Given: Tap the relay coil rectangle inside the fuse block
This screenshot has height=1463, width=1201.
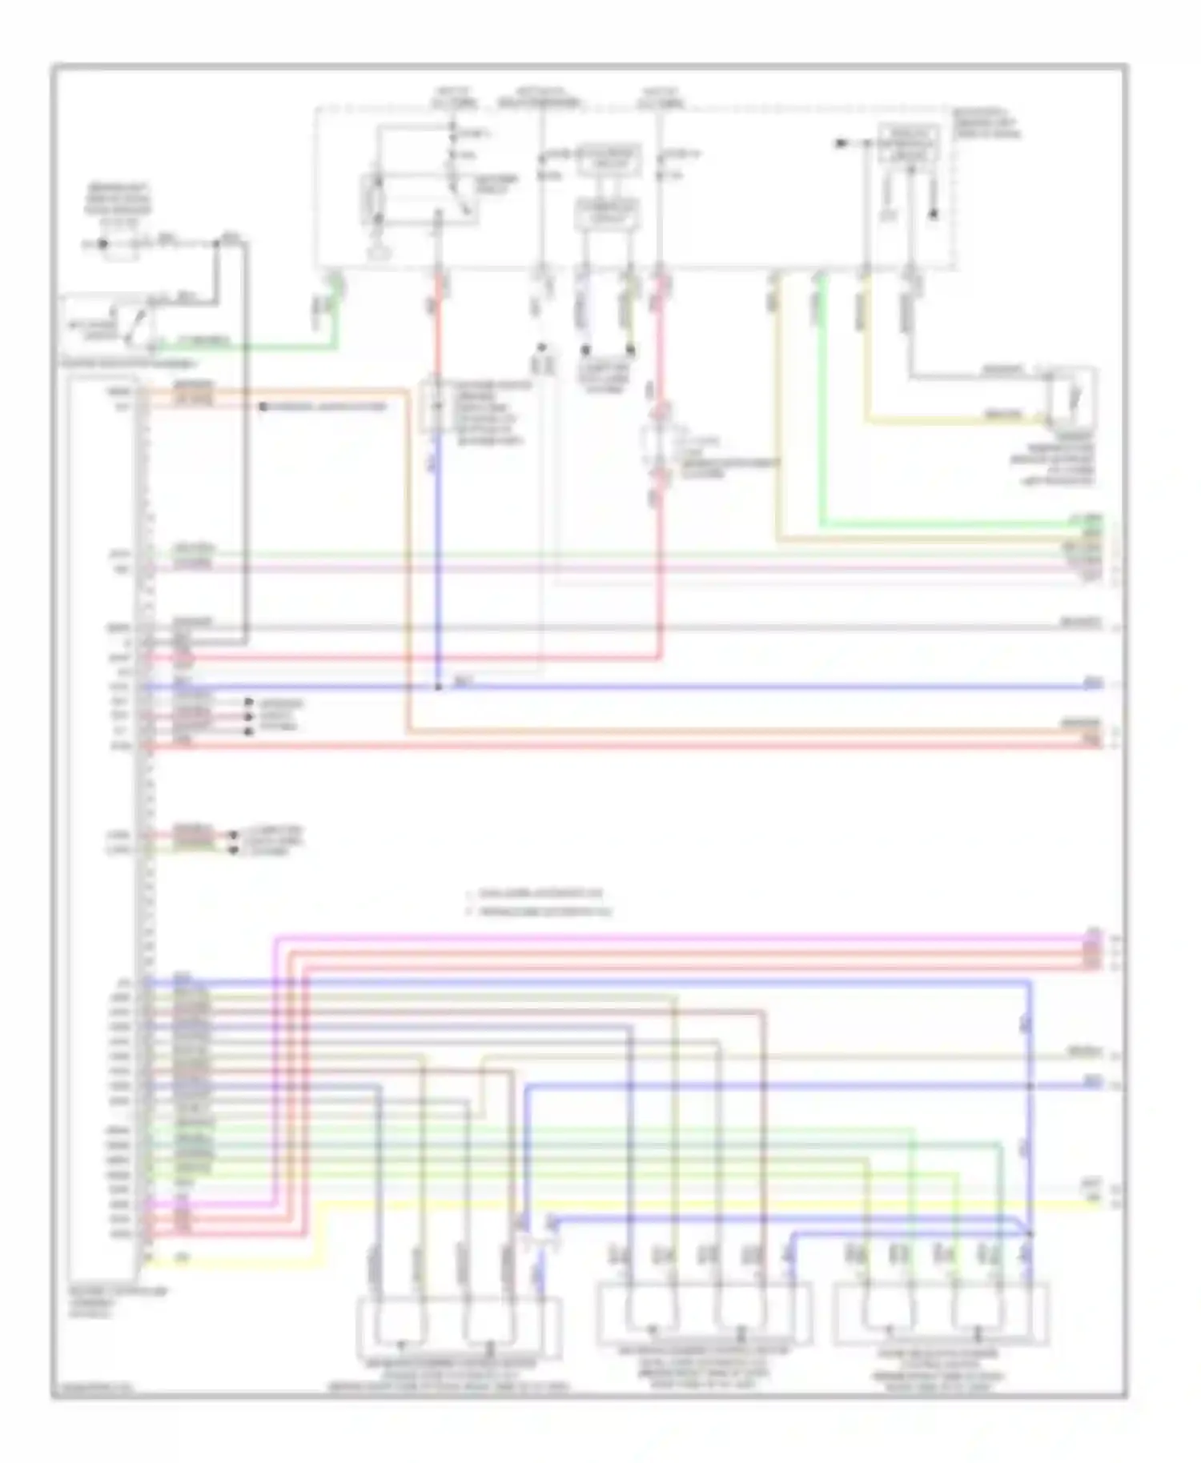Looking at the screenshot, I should pos(373,197).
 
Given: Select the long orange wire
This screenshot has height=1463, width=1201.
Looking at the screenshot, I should pos(721,731).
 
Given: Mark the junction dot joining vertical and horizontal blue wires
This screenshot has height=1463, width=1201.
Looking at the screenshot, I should pos(438,687).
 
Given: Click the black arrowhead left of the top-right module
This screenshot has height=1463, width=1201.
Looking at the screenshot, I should pos(841,143).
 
